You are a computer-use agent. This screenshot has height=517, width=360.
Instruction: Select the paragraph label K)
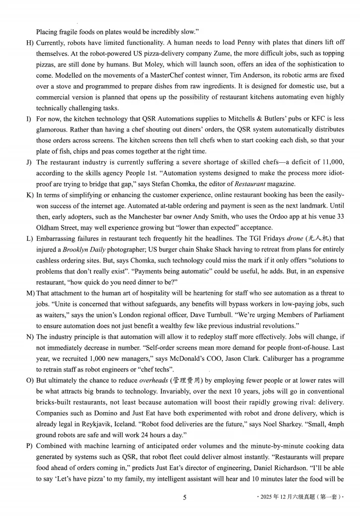29,195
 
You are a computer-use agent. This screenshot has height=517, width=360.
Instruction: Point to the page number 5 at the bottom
185,498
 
